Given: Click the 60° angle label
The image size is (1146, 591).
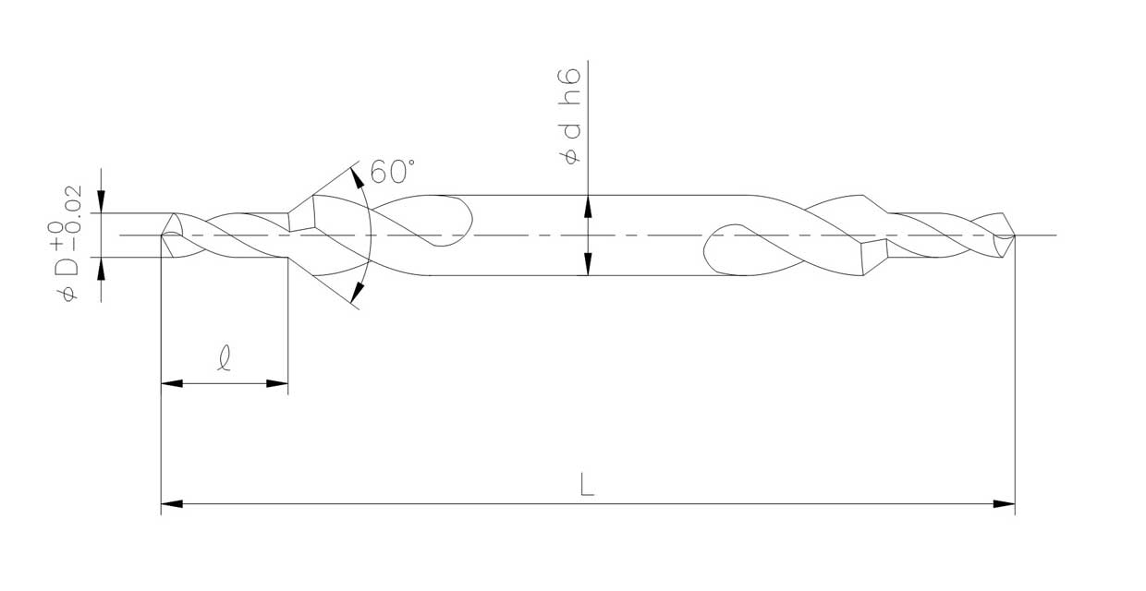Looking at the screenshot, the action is point(392,171).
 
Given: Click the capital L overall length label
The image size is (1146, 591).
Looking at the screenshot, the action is point(587,485).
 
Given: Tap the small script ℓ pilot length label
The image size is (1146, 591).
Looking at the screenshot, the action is point(224,357).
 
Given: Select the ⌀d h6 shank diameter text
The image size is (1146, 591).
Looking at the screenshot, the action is point(570,116).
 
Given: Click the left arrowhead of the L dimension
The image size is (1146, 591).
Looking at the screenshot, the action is point(172,504).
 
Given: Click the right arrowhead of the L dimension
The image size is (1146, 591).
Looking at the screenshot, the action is point(1005,504).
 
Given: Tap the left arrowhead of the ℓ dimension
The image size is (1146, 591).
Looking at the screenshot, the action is point(172,383).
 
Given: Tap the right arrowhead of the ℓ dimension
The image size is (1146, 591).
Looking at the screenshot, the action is point(277,383).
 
